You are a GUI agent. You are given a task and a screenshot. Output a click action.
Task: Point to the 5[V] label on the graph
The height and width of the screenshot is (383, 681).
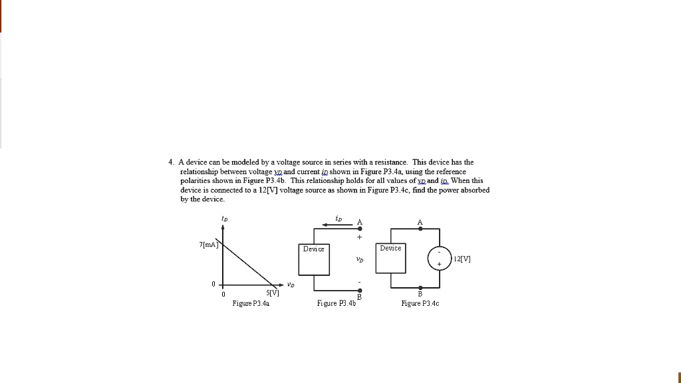273,293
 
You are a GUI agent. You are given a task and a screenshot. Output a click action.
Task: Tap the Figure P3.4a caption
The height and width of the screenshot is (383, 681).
251,304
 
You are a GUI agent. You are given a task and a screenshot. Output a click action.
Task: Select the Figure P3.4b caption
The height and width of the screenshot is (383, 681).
337,304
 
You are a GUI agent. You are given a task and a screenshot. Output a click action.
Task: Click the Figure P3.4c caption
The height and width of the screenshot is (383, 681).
420,304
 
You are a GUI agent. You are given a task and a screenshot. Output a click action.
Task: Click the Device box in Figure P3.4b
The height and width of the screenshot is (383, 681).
314,259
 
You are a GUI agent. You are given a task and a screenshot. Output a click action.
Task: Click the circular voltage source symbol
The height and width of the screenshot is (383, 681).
439,259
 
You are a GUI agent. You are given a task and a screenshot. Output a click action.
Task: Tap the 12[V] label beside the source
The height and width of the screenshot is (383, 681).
462,259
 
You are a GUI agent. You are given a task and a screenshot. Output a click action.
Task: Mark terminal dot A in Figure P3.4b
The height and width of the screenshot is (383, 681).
360,229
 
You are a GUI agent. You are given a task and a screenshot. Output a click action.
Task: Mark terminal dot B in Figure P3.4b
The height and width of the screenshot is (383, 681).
360,291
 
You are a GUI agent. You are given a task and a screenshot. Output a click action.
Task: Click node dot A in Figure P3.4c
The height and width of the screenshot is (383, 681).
420,229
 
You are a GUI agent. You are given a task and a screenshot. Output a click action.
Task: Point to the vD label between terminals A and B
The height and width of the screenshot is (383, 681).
360,260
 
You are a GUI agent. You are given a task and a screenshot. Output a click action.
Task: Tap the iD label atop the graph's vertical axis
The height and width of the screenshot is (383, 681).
223,217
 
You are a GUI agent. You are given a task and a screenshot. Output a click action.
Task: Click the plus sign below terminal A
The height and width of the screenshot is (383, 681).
360,237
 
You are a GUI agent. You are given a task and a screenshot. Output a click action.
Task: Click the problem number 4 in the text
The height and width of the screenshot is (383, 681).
171,162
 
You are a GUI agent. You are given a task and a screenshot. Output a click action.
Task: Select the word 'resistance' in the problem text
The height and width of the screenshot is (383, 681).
389,162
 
